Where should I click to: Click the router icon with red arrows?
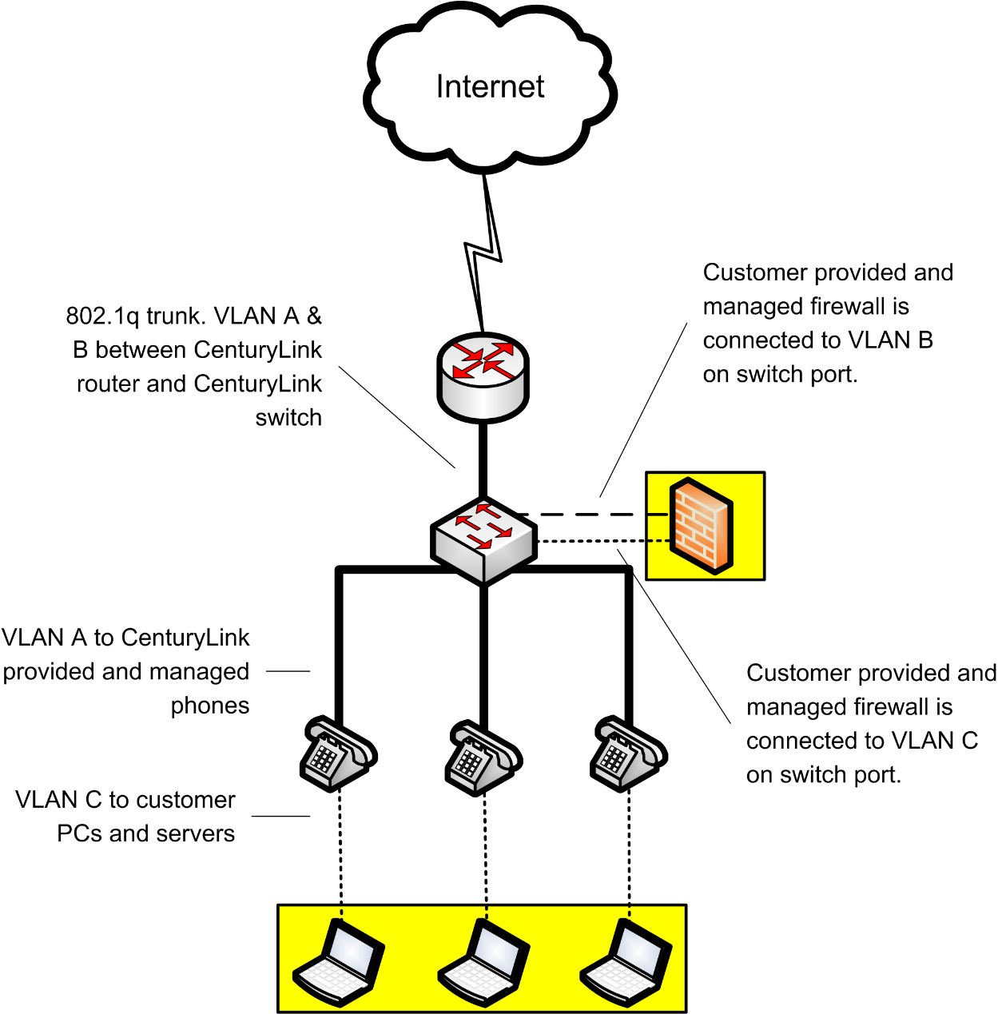[483, 377]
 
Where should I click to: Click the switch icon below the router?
[483, 541]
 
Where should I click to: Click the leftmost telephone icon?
[338, 754]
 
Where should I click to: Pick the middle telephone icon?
[483, 758]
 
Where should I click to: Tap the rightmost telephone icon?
[629, 754]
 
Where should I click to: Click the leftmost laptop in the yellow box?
[340, 962]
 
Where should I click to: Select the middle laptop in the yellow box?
[484, 962]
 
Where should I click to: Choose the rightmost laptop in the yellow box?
[626, 962]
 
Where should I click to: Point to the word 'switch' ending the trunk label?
[288, 418]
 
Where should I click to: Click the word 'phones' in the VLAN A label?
[210, 706]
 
